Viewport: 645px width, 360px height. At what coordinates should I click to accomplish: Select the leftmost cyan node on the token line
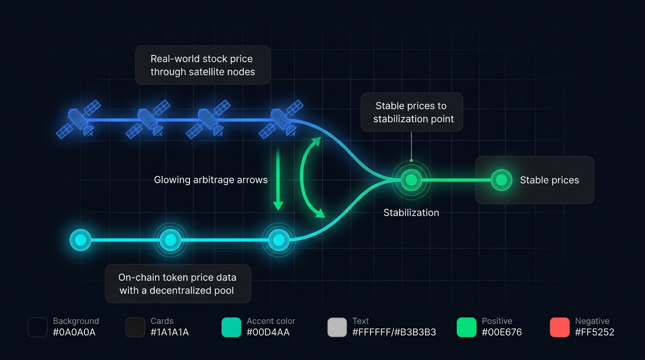(80, 240)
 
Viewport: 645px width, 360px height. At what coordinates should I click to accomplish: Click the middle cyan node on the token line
(170, 240)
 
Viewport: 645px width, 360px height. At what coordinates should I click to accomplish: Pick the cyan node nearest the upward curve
(279, 240)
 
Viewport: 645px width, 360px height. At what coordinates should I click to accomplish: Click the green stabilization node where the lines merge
(411, 180)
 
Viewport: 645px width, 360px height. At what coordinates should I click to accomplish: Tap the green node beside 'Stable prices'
(501, 180)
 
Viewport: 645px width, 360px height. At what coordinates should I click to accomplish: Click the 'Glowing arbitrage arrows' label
(210, 180)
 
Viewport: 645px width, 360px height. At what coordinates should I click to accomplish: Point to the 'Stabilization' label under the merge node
(411, 213)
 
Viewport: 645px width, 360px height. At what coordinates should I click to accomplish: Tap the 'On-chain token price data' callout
(177, 284)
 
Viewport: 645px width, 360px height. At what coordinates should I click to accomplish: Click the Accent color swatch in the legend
(231, 327)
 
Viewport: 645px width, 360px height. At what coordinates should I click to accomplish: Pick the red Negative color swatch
(560, 327)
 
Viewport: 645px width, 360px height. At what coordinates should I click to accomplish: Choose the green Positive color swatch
(466, 327)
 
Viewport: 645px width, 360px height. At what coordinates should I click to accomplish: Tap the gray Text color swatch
(337, 327)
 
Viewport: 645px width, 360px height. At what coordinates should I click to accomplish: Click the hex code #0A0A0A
(74, 332)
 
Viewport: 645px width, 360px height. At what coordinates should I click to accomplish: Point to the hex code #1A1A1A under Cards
(170, 332)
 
